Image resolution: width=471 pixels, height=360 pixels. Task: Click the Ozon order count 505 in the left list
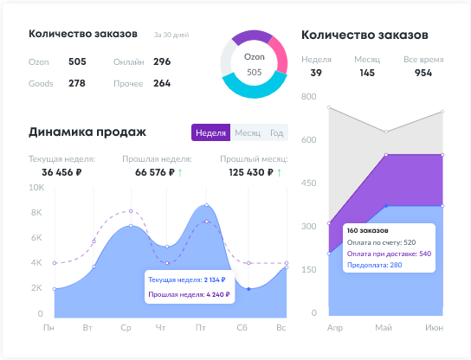click(77, 61)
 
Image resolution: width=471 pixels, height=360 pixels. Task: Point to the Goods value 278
click(77, 83)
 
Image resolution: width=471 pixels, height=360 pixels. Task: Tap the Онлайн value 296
click(162, 61)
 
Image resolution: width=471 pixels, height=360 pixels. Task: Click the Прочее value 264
click(162, 83)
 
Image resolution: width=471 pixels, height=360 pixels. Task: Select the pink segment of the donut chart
click(279, 55)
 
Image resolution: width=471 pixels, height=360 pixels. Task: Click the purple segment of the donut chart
click(250, 37)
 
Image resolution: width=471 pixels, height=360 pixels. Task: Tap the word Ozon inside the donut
click(254, 57)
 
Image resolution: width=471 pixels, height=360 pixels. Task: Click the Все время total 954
click(423, 73)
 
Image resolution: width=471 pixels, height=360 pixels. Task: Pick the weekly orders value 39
click(316, 73)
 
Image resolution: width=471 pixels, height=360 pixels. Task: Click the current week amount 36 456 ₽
click(56, 172)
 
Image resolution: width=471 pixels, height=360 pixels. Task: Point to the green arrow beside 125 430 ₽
click(280, 172)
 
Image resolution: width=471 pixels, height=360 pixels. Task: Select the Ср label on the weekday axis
click(126, 328)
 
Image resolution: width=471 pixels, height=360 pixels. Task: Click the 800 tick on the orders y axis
click(309, 96)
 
